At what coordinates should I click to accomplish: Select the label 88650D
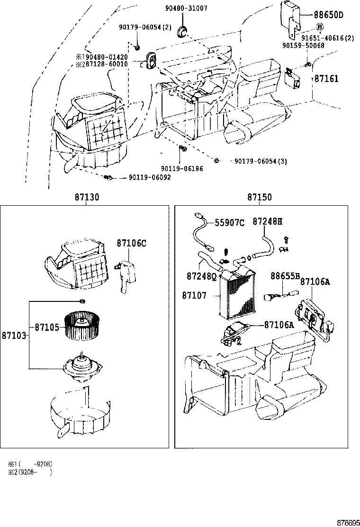pos(328,15)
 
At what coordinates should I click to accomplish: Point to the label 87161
pos(326,79)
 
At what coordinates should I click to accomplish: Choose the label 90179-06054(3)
pos(261,161)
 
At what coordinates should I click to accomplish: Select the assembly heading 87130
pos(86,198)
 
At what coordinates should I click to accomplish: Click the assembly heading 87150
pos(259,198)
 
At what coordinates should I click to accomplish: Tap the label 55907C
pos(230,223)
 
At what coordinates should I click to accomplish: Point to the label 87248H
pos(267,221)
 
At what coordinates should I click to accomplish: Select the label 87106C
pos(131,244)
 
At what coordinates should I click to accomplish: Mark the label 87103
pos(13,335)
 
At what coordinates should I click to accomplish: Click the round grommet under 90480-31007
pos(182,32)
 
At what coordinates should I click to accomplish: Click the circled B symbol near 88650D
pos(319,27)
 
